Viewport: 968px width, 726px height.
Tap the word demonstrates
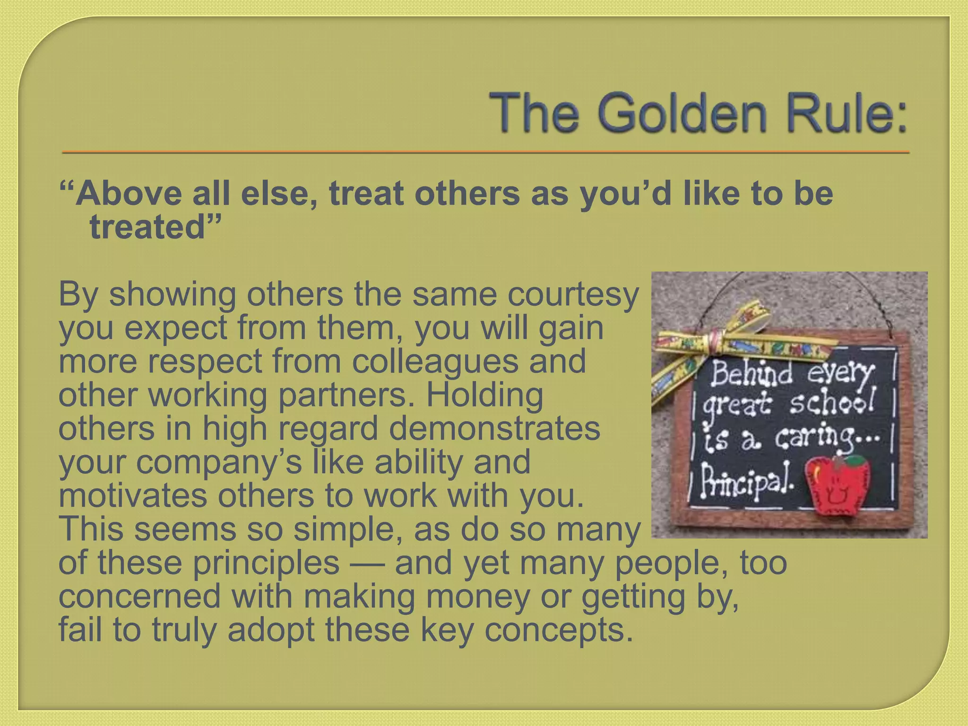coord(494,428)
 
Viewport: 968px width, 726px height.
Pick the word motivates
coord(132,495)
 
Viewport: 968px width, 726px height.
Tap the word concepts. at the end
coord(558,630)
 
